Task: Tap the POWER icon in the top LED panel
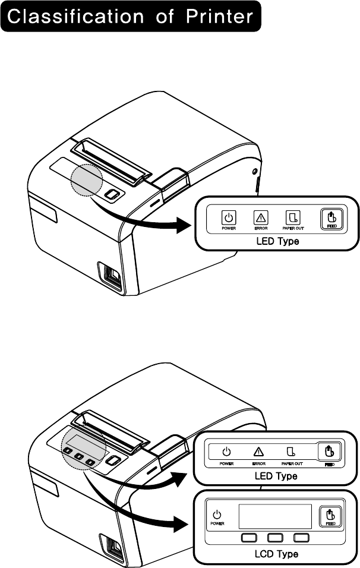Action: coord(228,217)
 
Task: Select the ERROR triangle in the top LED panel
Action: coord(260,217)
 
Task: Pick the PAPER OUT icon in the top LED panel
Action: coord(292,217)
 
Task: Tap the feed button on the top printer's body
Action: coord(110,194)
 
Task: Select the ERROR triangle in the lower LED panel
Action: coord(258,451)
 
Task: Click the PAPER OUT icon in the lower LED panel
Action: coord(291,451)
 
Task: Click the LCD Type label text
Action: coord(276,554)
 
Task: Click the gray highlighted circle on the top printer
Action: coord(87,179)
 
